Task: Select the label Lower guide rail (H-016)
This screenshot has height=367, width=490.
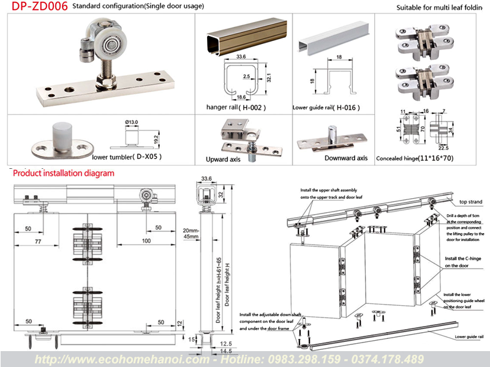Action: coord(326,107)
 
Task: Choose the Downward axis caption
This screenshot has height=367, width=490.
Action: coord(346,158)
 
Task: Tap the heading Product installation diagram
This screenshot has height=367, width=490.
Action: coord(64,173)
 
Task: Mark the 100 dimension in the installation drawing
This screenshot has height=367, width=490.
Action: coord(146,241)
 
